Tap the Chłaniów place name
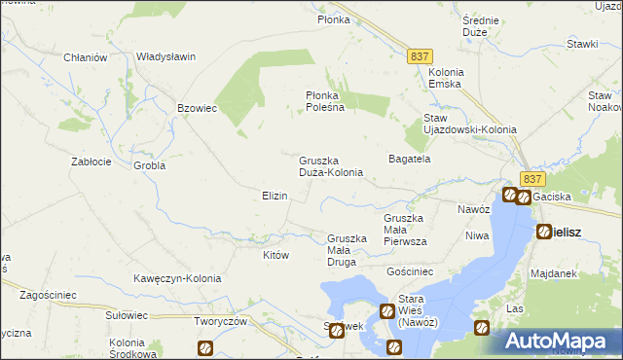click(x=85, y=57)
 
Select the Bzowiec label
click(x=196, y=108)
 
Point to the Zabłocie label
click(x=94, y=162)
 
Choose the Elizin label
click(x=274, y=196)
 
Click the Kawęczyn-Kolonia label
click(x=177, y=278)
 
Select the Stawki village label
click(x=582, y=44)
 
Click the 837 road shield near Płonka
click(x=421, y=57)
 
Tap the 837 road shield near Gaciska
click(x=531, y=178)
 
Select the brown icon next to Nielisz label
click(x=543, y=232)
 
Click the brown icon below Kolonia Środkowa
click(x=204, y=347)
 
